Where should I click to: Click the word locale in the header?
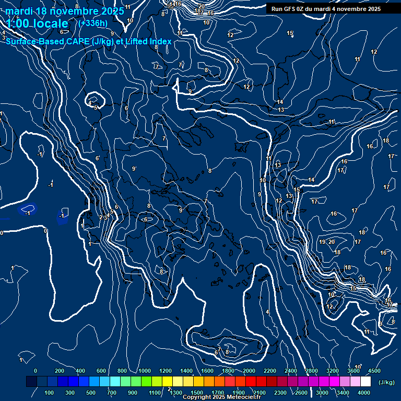click(50, 23)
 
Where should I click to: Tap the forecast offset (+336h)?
click(92, 23)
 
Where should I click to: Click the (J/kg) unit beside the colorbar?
click(386, 382)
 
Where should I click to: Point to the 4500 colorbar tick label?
click(374, 371)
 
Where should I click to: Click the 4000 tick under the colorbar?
click(364, 393)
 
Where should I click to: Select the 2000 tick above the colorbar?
click(249, 371)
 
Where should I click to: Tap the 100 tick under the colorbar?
click(50, 393)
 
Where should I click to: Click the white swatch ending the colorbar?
click(365, 382)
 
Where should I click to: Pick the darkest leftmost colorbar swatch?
click(31, 382)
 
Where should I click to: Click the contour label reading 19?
click(322, 242)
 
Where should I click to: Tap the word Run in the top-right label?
click(277, 9)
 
